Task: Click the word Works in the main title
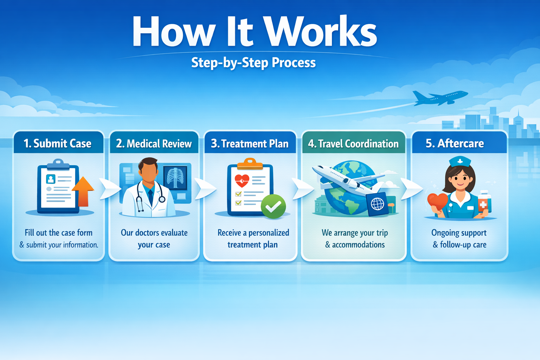[x=320, y=32]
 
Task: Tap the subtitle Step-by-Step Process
[x=253, y=63]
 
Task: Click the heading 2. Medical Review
[x=154, y=143]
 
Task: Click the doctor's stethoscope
[x=141, y=202]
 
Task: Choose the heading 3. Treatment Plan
[x=250, y=143]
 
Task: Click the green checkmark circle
[x=273, y=206]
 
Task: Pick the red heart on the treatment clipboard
[x=242, y=181]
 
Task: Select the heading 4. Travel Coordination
[x=353, y=143]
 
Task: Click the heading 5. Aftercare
[x=455, y=143]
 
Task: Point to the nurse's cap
[x=460, y=161]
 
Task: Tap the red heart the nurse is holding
[x=437, y=201]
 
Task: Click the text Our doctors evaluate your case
[x=154, y=238]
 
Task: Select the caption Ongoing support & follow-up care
[x=459, y=238]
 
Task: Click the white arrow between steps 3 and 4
[x=303, y=189]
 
